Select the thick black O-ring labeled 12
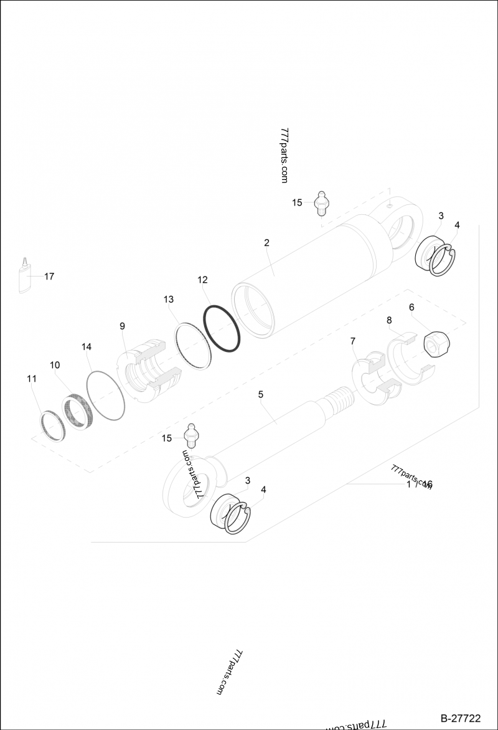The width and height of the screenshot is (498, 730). click(222, 329)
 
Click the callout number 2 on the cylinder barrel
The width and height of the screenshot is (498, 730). click(266, 243)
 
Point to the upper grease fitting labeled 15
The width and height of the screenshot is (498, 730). click(321, 203)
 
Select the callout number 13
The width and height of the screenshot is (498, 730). click(169, 300)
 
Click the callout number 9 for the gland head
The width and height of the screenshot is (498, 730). click(122, 326)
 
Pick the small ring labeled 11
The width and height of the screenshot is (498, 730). click(52, 426)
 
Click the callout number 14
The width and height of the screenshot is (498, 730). click(87, 346)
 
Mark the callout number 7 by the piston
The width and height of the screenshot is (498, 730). click(353, 341)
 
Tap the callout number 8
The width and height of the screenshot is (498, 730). click(389, 320)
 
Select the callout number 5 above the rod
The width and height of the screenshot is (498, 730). click(260, 394)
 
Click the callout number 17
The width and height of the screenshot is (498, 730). click(49, 276)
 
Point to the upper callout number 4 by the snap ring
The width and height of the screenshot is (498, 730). click(457, 225)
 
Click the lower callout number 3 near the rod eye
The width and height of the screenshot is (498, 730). click(248, 480)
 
